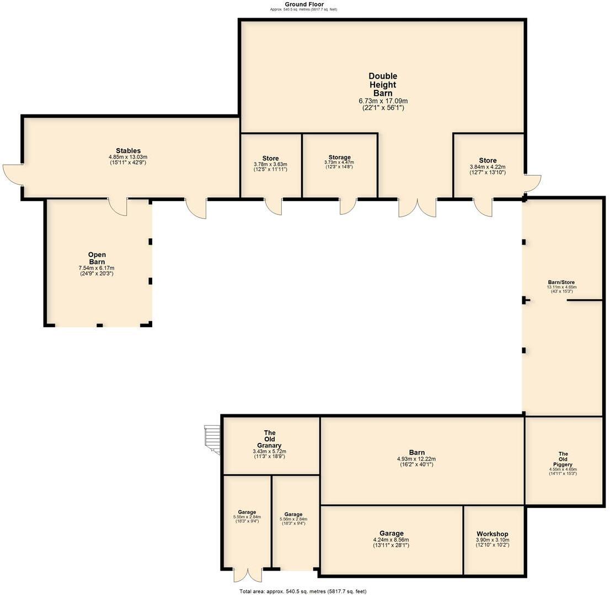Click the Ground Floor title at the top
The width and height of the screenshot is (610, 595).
tap(304, 4)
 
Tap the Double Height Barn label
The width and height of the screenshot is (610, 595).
tap(383, 84)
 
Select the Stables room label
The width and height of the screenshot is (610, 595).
tap(128, 150)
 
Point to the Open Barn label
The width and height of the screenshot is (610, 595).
tap(97, 258)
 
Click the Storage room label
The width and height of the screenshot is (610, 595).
tap(339, 158)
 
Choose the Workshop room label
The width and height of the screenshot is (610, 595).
tap(493, 534)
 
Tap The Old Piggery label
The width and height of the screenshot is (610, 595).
tap(563, 459)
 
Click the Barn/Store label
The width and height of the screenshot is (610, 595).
tap(561, 282)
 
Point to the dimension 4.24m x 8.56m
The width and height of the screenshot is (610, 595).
tap(391, 540)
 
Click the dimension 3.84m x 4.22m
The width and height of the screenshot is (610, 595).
tap(488, 167)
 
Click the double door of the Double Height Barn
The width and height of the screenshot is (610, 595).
tap(418, 207)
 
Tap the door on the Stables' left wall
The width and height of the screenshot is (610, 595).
tap(12, 175)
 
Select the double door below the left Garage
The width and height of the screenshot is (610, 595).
tap(247, 575)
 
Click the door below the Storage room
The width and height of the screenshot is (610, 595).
tap(347, 206)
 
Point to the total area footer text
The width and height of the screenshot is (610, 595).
tap(303, 591)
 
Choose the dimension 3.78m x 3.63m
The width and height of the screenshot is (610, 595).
tap(270, 164)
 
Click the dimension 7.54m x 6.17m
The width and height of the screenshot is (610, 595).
tap(97, 268)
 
